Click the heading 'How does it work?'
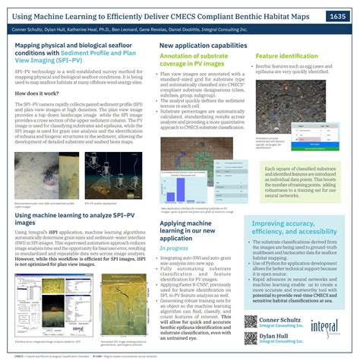(x=33, y=91)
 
